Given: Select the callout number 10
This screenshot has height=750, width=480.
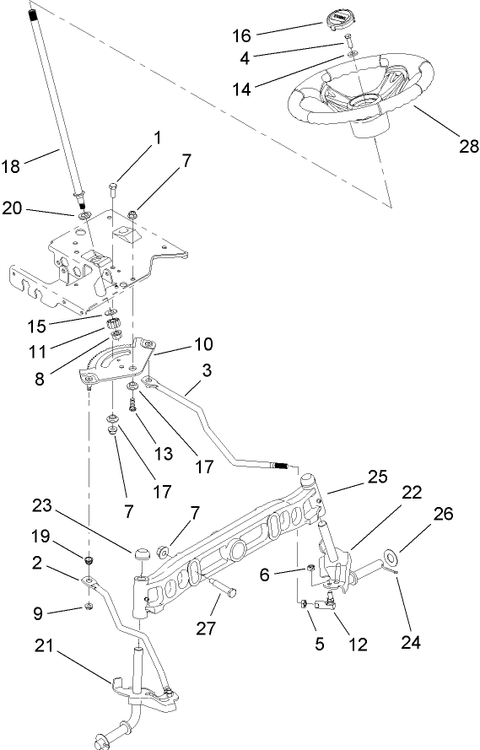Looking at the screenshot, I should (202, 344).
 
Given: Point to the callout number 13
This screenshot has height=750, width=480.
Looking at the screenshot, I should (163, 453).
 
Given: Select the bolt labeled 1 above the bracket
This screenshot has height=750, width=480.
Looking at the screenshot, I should (113, 186).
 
